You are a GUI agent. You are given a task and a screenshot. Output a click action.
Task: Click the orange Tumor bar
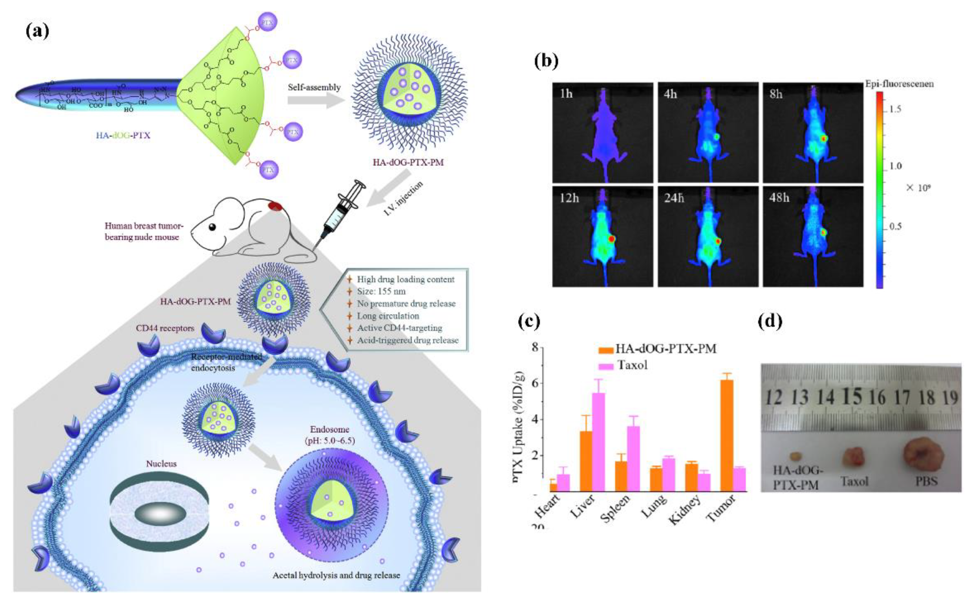[727, 435]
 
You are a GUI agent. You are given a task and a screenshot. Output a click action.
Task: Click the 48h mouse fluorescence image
[812, 236]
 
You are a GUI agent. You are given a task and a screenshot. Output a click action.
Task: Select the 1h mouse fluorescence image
[602, 132]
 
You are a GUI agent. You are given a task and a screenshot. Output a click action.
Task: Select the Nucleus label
[161, 464]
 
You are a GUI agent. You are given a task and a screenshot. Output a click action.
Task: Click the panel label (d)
[769, 321]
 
